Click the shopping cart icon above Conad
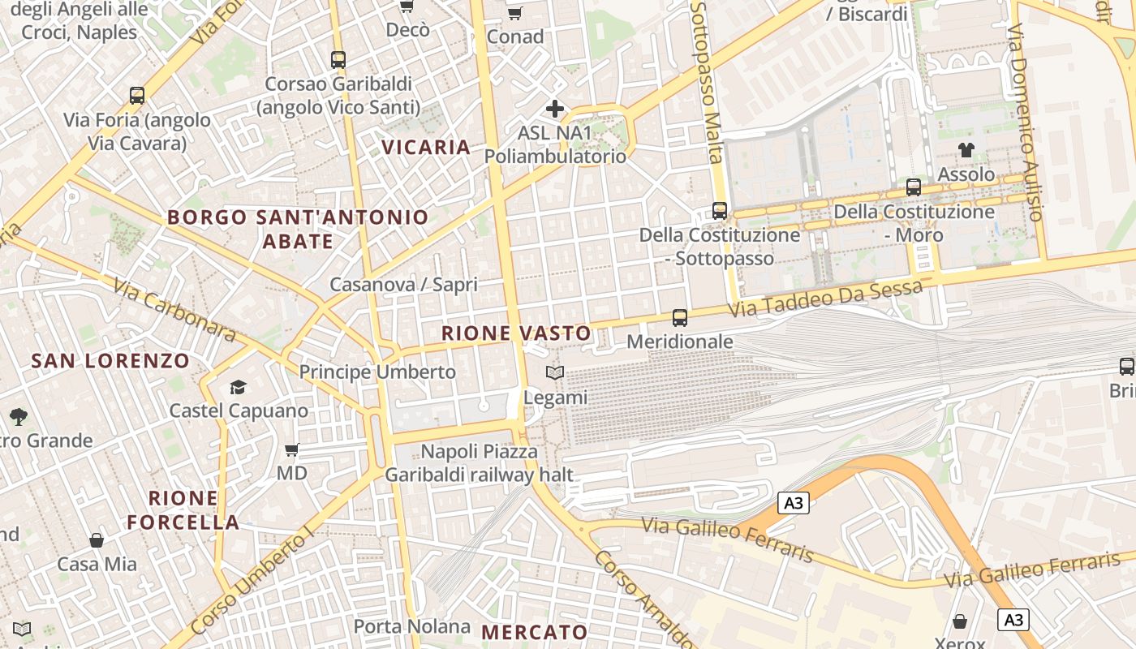coord(514,13)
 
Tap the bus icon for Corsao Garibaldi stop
coord(338,59)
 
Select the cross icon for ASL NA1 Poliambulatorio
coord(555,108)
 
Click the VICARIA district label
coord(426,147)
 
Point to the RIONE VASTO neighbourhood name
coord(516,333)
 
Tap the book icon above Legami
coord(555,372)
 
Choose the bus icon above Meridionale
coord(680,318)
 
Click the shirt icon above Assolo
coord(966,149)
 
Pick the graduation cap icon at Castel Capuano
coord(238,387)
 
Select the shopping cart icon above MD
coord(292,449)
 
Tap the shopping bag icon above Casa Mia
coord(97,539)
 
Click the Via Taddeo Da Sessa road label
coord(825,299)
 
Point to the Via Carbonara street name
coord(174,310)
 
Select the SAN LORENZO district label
coord(110,361)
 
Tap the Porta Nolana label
coord(411,626)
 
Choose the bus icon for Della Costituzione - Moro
coord(914,187)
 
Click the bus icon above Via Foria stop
coord(137,96)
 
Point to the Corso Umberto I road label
coord(252,582)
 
